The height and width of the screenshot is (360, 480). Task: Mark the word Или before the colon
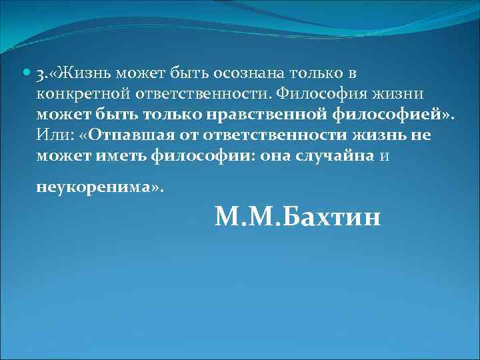51,135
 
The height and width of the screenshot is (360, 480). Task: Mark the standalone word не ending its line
423,135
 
